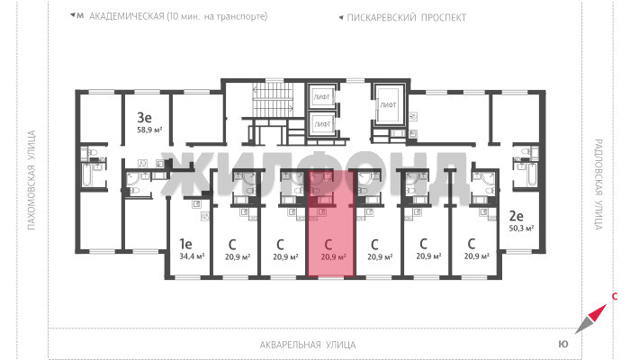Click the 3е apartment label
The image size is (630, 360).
144,117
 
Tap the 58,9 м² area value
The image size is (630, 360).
149,130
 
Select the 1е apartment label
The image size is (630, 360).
185,244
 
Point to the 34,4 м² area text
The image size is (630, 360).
192,256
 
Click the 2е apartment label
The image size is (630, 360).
517,216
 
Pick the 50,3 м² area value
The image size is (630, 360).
521,229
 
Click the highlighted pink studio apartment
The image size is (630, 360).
331,223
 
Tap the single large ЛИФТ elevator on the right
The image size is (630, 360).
388,104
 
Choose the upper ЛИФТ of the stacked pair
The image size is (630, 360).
321,96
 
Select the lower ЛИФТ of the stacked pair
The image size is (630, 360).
321,124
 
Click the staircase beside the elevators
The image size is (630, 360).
273,100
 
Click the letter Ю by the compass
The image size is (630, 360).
563,344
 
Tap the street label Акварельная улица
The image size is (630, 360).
308,345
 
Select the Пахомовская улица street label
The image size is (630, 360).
31,180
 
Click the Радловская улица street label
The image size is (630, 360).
598,184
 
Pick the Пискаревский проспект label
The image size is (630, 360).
406,18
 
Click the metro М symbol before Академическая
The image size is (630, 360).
80,15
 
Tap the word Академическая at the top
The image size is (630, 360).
127,16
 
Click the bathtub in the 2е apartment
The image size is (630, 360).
531,174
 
